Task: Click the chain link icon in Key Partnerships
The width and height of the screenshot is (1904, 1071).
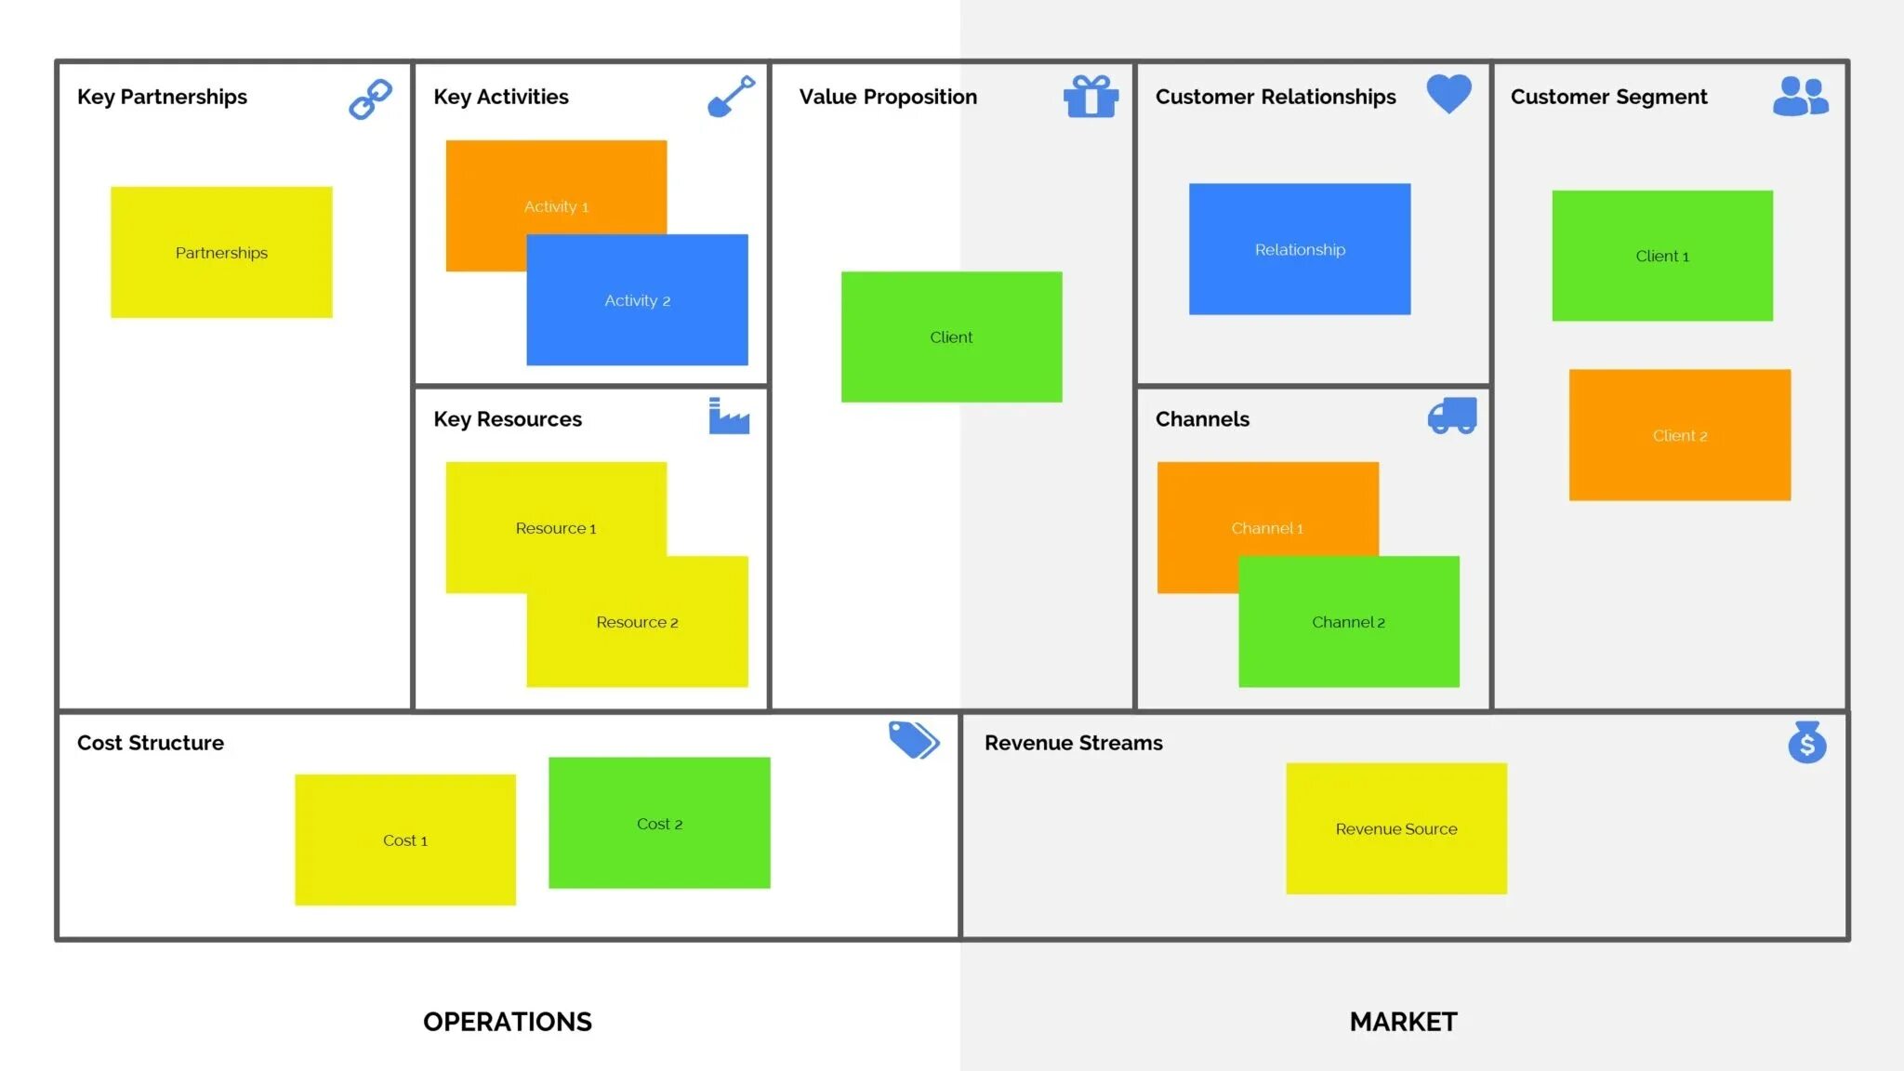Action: tap(370, 99)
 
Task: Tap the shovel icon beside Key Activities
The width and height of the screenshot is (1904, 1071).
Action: tap(731, 97)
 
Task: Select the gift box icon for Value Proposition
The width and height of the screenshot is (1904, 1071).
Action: tap(1091, 97)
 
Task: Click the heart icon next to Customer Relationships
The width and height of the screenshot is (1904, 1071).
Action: tap(1448, 93)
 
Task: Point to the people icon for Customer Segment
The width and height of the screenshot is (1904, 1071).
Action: tap(1800, 97)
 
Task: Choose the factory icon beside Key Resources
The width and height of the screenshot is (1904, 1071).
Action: tap(728, 416)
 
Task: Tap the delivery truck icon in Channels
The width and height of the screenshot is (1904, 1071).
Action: tap(1451, 416)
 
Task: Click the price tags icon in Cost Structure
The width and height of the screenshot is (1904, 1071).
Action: tap(913, 740)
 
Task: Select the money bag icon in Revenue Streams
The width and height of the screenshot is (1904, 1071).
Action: tap(1806, 742)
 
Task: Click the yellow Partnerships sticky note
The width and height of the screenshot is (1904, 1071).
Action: tap(221, 253)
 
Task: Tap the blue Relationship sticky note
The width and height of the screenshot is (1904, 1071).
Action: tap(1300, 249)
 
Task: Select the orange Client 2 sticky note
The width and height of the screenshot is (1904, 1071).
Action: tap(1679, 435)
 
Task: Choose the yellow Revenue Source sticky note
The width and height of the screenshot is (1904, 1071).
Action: tap(1395, 828)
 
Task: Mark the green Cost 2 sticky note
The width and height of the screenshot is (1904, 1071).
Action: tap(659, 824)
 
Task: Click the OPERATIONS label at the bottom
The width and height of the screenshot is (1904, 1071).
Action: tap(507, 1022)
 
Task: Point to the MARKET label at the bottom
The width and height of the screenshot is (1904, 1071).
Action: tap(1403, 1022)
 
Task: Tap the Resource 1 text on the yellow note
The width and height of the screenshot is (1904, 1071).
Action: tap(556, 528)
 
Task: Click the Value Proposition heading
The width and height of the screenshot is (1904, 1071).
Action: tap(888, 97)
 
